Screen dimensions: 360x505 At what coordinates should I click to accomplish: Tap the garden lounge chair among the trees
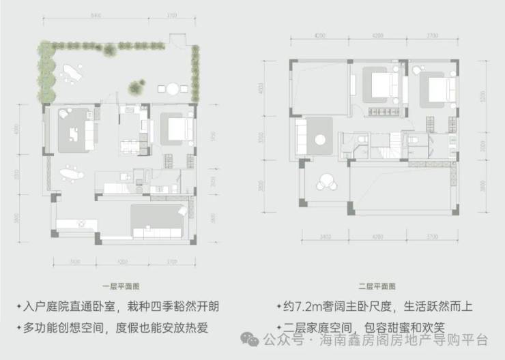tap(71, 72)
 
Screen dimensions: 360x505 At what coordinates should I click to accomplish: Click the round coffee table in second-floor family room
tap(319, 140)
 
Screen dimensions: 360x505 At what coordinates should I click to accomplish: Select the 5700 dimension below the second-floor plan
tap(433, 237)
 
